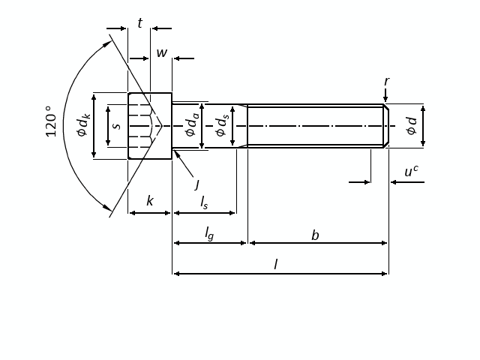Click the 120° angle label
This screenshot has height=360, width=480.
(51, 121)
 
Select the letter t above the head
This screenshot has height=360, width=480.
(140, 23)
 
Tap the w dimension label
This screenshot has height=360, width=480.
(162, 52)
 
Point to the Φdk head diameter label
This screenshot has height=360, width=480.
(83, 125)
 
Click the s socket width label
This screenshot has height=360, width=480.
(117, 125)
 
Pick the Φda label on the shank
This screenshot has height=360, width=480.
(192, 125)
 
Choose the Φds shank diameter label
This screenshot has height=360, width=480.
(222, 125)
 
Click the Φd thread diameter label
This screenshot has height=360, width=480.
(412, 126)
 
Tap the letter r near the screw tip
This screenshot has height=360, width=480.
(387, 82)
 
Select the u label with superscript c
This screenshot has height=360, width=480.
(411, 171)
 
